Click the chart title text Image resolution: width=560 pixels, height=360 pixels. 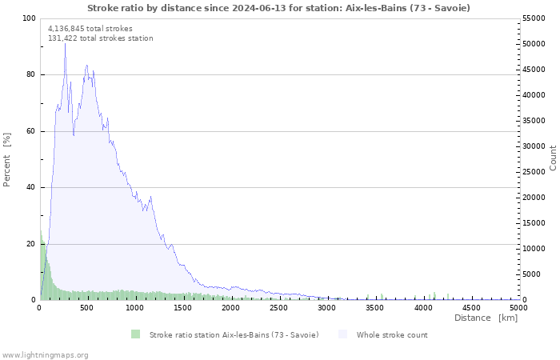(x=278, y=8)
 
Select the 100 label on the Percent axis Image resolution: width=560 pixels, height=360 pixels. (x=29, y=18)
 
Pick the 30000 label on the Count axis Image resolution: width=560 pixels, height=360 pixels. (x=534, y=146)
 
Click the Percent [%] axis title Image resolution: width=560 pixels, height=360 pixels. (x=6, y=160)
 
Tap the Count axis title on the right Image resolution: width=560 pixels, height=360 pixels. (x=553, y=158)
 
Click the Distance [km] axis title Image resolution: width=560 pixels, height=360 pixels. (x=486, y=318)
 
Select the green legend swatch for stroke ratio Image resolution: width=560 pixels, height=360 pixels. (x=136, y=334)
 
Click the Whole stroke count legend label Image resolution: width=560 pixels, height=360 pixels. (x=392, y=335)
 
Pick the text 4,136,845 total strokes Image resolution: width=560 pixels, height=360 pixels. (x=90, y=29)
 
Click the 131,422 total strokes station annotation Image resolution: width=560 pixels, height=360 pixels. (x=101, y=38)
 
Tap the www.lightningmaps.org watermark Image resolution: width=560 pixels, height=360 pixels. (x=45, y=355)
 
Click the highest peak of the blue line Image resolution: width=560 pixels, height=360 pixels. (x=65, y=43)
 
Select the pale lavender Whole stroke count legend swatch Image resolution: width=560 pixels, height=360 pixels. (x=343, y=334)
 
